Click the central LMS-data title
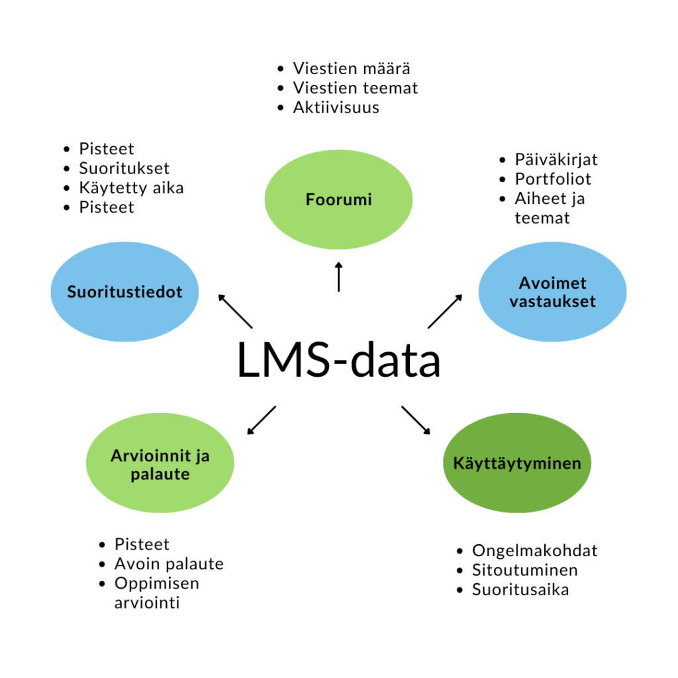(338, 360)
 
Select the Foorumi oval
(338, 199)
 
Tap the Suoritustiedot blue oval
(124, 292)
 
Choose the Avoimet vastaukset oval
(552, 292)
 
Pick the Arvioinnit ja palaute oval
(160, 463)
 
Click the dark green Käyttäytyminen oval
(517, 463)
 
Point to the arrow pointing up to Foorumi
(338, 277)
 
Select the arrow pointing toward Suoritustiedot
(235, 311)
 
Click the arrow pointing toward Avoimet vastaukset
(445, 311)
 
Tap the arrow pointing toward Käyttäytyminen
(416, 420)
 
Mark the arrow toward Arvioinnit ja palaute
(262, 420)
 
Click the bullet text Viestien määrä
(352, 68)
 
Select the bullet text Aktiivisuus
(336, 107)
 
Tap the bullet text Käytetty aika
(132, 187)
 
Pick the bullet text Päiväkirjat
(556, 160)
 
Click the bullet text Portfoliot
(553, 179)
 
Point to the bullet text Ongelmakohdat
(535, 551)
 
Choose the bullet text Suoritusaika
(520, 590)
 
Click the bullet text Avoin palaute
(169, 564)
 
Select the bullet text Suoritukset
(124, 168)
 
